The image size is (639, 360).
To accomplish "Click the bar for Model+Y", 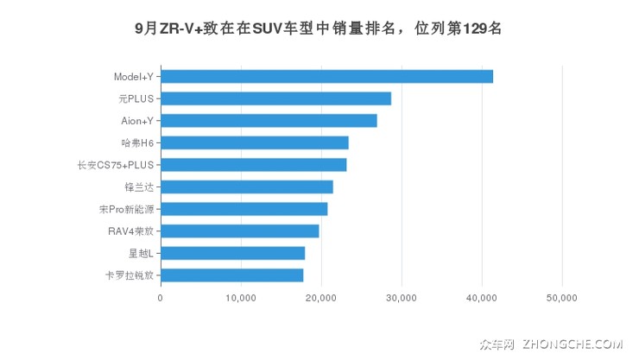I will [x=326, y=77].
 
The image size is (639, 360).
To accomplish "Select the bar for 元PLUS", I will [x=275, y=98].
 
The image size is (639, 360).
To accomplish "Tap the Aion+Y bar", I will [x=269, y=121].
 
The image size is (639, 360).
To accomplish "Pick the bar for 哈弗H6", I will [x=255, y=142].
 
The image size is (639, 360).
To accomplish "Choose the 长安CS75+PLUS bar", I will [x=253, y=165].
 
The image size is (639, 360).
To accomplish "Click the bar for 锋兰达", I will [x=246, y=186].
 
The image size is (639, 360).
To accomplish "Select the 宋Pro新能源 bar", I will [x=244, y=209].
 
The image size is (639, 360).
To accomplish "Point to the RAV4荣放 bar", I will [x=239, y=231].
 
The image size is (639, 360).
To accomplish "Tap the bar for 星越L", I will [x=232, y=253].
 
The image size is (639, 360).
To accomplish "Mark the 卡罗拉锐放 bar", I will [x=231, y=275].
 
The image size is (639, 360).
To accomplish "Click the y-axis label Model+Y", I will [x=134, y=77].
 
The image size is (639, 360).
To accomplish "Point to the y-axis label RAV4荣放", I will [x=128, y=231].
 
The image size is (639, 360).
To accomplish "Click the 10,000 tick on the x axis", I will [x=241, y=298].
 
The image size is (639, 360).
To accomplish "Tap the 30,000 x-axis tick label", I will [x=402, y=298].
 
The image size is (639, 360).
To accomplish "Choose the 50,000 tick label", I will [x=562, y=298].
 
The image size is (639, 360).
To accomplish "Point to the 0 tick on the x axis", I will [x=161, y=298].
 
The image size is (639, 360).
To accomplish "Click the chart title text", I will [x=319, y=28].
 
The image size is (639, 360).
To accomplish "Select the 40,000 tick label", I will [x=482, y=298].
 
